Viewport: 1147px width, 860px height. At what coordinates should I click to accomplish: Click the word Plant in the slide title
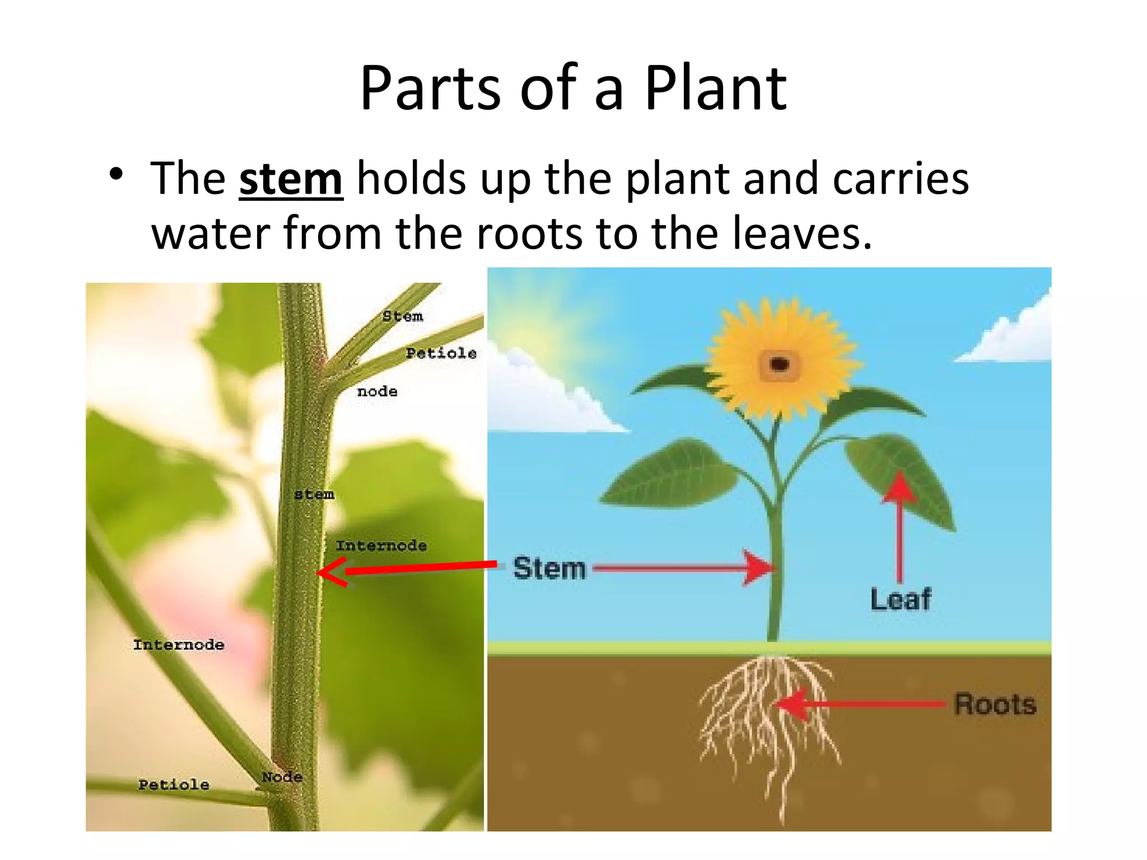[715, 89]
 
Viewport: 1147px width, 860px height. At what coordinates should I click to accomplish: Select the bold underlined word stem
[291, 179]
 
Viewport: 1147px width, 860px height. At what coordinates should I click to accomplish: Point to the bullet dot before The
[116, 175]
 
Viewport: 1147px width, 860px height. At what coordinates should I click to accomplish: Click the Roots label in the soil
[995, 704]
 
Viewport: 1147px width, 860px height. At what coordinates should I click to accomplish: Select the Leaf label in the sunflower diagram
[900, 599]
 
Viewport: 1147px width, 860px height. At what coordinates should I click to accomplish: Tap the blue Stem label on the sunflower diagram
[549, 568]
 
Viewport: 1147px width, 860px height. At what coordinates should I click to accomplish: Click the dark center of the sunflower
[779, 365]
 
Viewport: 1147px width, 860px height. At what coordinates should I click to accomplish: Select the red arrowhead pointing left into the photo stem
[334, 572]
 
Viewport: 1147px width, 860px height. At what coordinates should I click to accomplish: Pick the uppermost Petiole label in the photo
[441, 353]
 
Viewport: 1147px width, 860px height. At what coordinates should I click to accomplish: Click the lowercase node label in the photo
[377, 391]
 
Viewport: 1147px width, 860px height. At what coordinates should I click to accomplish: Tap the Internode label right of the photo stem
[381, 545]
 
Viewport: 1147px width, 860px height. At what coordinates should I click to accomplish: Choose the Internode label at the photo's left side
[179, 644]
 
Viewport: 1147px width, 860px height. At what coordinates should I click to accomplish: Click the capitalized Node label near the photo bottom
[282, 777]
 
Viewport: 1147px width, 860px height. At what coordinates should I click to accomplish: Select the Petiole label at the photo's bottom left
[174, 784]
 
